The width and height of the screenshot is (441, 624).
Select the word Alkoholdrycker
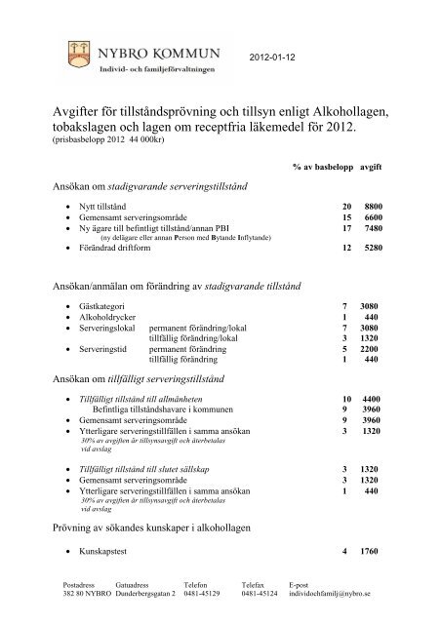point(110,319)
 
